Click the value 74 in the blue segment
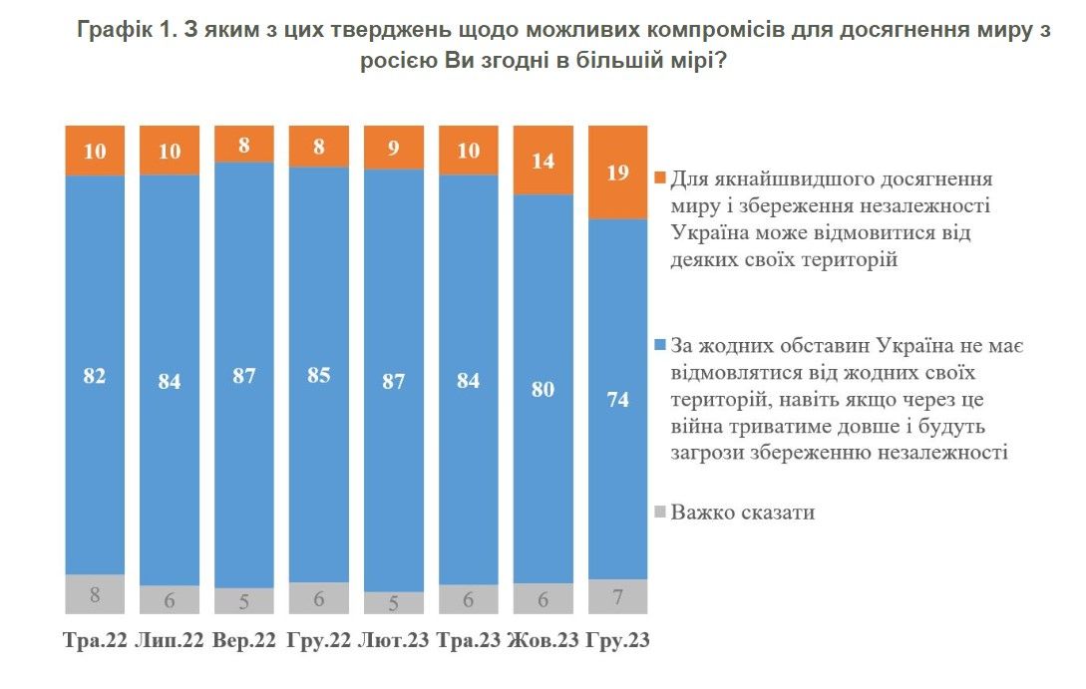[x=618, y=401]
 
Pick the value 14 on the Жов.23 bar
[x=543, y=159]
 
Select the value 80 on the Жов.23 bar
[x=543, y=388]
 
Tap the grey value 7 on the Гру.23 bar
[x=618, y=596]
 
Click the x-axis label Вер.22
[x=244, y=640]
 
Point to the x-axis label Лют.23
[x=394, y=640]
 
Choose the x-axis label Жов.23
[x=544, y=640]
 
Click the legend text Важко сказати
[x=743, y=513]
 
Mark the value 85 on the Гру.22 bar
[x=319, y=377]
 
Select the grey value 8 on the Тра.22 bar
[x=95, y=595]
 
